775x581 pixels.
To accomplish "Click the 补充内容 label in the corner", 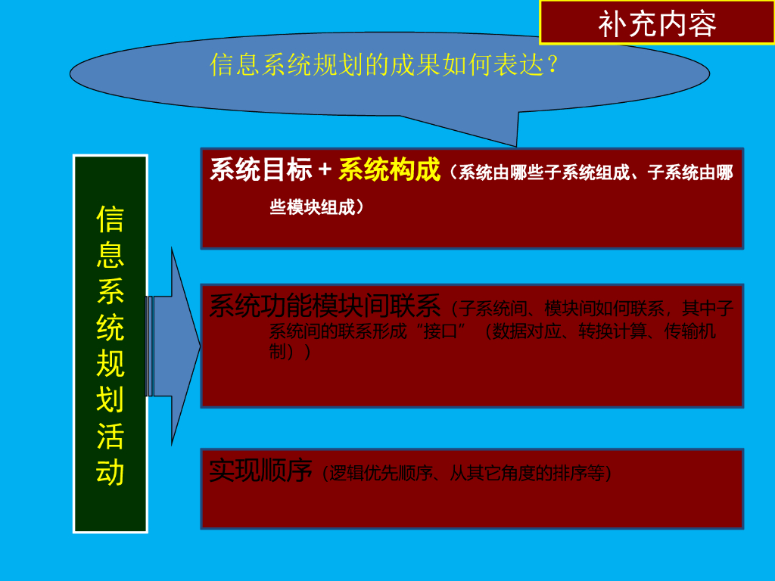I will [x=657, y=24].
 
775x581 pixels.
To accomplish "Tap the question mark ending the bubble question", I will [x=553, y=65].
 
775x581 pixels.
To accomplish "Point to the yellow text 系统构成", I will [x=389, y=170].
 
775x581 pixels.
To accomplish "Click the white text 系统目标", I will [x=260, y=170].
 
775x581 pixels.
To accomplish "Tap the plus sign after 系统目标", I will [x=325, y=170].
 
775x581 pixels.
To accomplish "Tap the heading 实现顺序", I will [x=260, y=471].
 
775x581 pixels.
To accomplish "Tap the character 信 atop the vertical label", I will [x=110, y=219].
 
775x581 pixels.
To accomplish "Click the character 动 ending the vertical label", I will [x=110, y=473].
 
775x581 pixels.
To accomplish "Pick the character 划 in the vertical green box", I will [x=110, y=400].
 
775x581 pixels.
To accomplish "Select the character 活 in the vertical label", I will [x=110, y=437].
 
